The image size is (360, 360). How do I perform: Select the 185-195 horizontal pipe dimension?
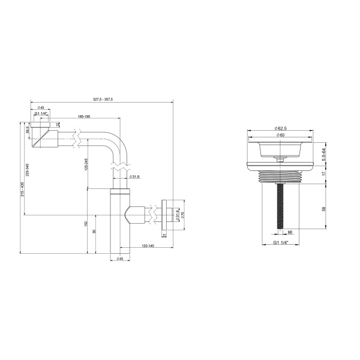pos(84,116)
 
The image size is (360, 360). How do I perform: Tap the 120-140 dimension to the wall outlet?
pos(147,246)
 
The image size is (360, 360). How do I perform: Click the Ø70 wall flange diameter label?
pos(182,215)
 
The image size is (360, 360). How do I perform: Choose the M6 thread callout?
pos(289,232)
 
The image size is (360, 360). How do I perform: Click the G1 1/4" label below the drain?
pos(280,242)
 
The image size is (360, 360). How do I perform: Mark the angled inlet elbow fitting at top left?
pos(41,136)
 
